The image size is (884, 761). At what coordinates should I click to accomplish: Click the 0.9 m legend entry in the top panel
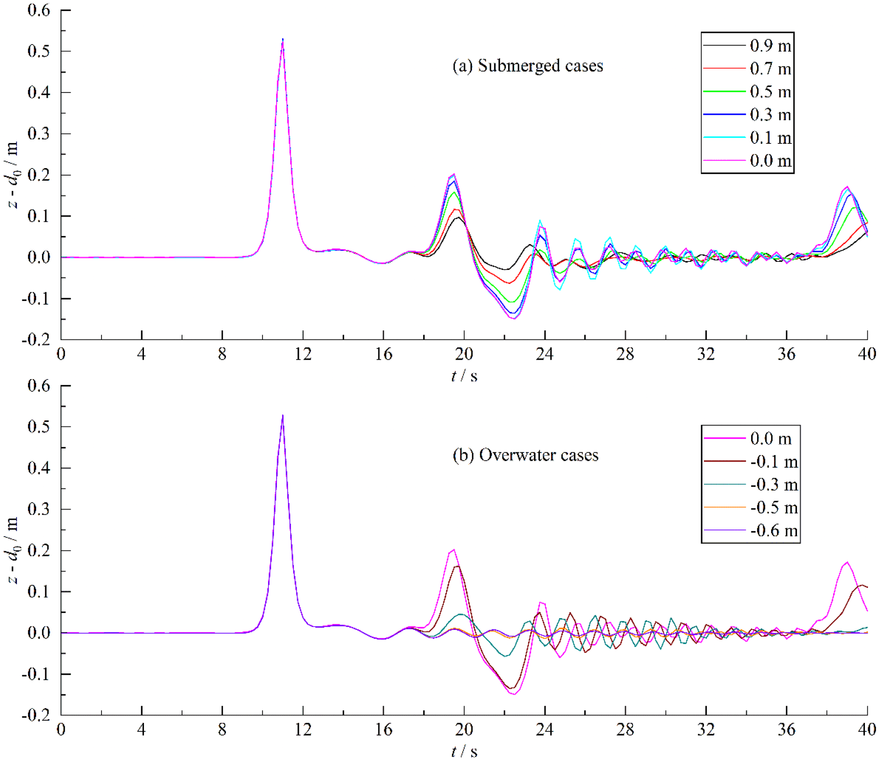pyautogui.click(x=770, y=46)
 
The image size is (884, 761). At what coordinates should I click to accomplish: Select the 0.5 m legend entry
pyautogui.click(x=770, y=92)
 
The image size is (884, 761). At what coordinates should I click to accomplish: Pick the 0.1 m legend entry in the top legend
pyautogui.click(x=770, y=138)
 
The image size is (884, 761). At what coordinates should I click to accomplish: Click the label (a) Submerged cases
pyautogui.click(x=528, y=66)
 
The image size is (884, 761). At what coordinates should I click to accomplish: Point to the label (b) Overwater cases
pyautogui.click(x=525, y=455)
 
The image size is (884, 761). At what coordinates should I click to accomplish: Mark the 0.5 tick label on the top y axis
pyautogui.click(x=39, y=51)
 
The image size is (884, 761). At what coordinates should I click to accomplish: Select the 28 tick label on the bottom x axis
pyautogui.click(x=625, y=730)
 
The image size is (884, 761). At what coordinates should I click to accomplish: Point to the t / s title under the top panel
pyautogui.click(x=464, y=376)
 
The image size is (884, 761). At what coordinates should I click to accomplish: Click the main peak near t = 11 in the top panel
pyautogui.click(x=283, y=40)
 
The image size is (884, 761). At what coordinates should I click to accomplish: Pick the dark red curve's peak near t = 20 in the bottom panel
pyautogui.click(x=457, y=566)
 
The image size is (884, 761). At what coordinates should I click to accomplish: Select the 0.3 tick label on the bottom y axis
pyautogui.click(x=39, y=509)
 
